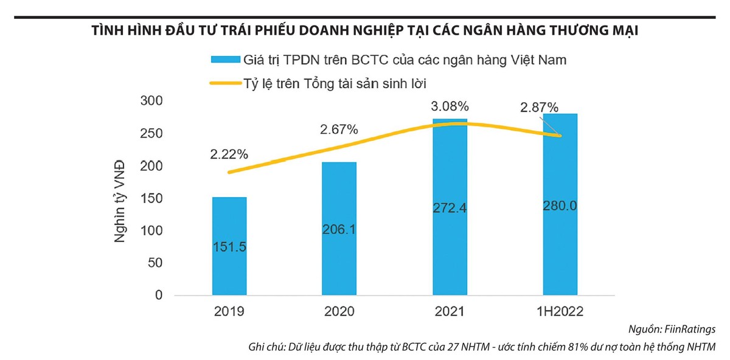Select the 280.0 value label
click(560, 206)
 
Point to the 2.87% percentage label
click(539, 108)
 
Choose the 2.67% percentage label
click(339, 130)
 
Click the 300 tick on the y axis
click(152, 101)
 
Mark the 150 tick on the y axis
click(152, 198)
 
